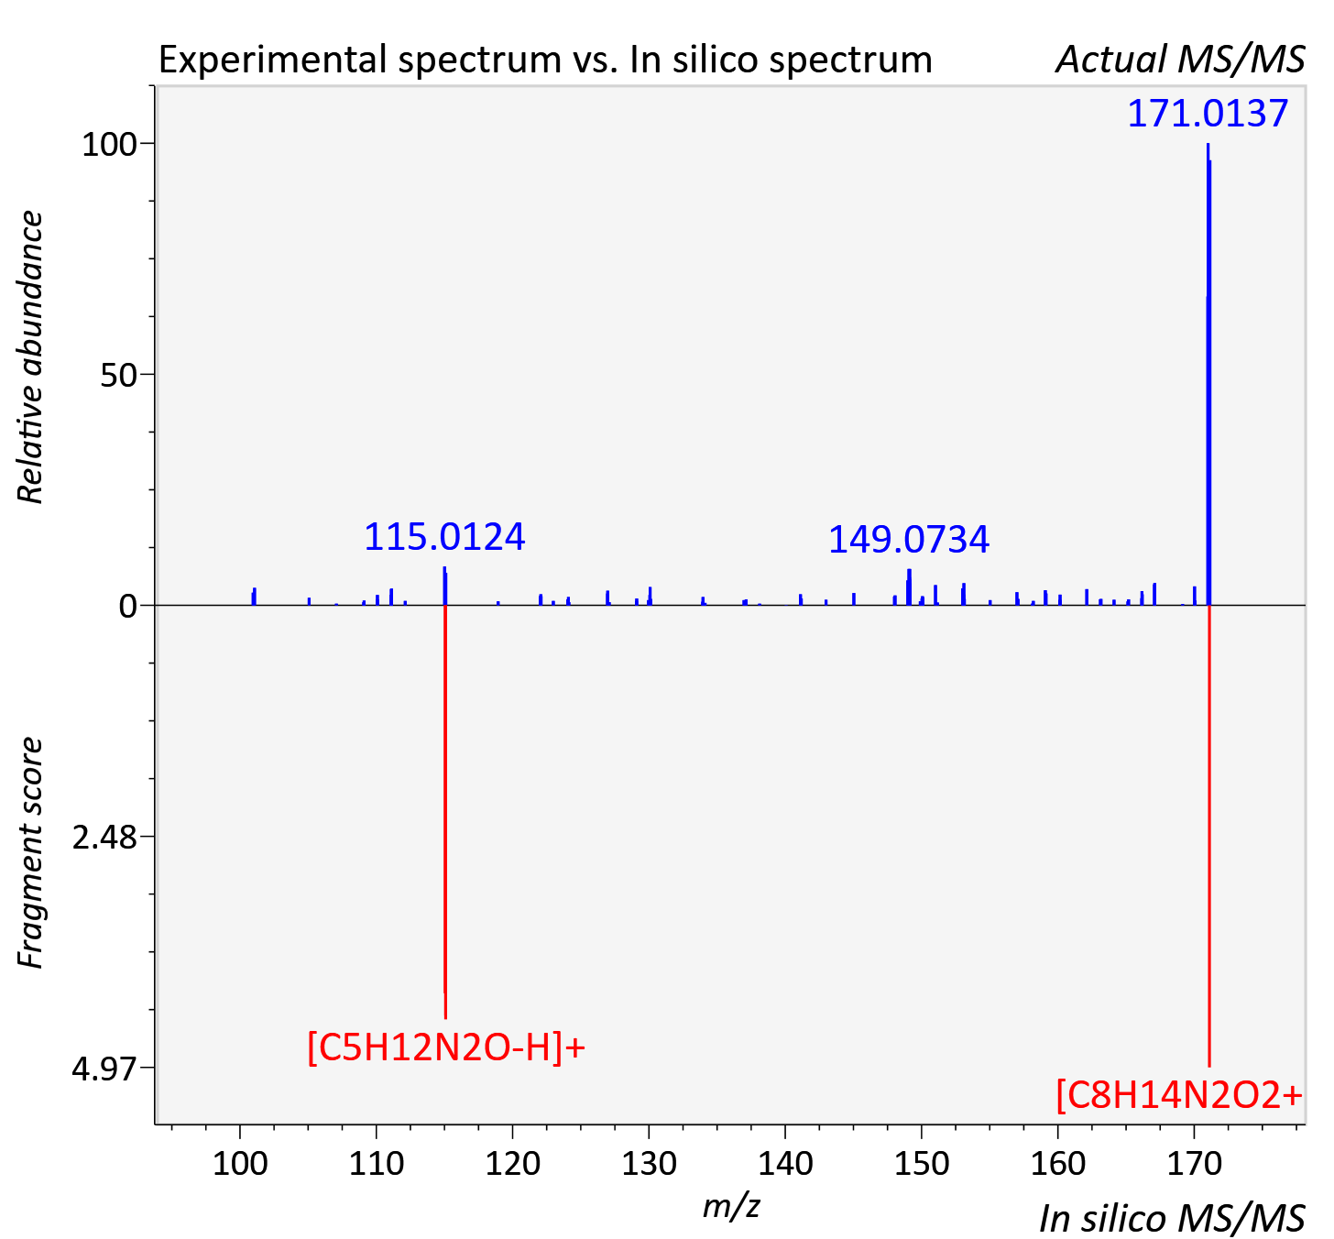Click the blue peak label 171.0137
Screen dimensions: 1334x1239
tap(1208, 114)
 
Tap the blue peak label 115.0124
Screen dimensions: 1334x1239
tap(444, 538)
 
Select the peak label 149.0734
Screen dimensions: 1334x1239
tap(909, 540)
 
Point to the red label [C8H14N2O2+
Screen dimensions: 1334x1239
tap(1179, 1095)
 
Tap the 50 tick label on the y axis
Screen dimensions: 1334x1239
tap(119, 376)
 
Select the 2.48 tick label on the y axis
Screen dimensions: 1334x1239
tap(104, 838)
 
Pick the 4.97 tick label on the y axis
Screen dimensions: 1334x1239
tap(104, 1069)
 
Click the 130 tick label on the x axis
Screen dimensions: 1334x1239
tap(649, 1164)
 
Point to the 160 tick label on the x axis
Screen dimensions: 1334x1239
tap(1058, 1164)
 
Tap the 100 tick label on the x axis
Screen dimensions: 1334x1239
tap(240, 1164)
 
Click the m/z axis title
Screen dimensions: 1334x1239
tap(731, 1205)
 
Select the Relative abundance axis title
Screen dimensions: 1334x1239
tap(30, 357)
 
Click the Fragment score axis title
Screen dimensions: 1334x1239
tap(30, 852)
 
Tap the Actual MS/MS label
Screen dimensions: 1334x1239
tap(1181, 60)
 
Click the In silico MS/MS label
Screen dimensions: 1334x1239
tap(1172, 1218)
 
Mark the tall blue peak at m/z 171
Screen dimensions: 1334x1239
tap(1208, 374)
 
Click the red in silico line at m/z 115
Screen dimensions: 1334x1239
tap(445, 812)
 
